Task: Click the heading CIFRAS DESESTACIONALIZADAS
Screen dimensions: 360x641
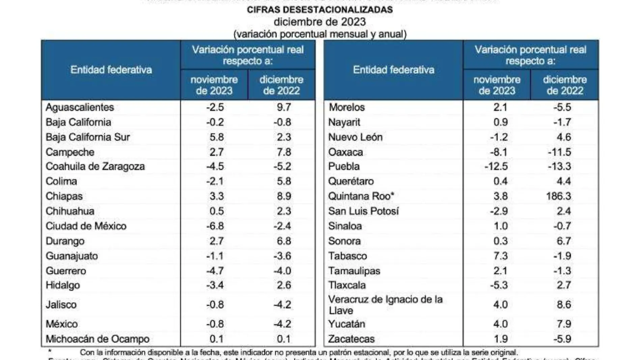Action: [x=320, y=10]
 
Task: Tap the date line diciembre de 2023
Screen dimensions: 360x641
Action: [x=320, y=22]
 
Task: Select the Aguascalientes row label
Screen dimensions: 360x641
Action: [x=80, y=107]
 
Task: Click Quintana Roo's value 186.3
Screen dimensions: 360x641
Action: [x=558, y=196]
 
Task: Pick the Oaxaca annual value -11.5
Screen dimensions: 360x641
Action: [x=559, y=152]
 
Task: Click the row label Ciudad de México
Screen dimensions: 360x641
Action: [x=86, y=226]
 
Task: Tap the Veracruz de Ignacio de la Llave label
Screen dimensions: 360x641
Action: [x=385, y=305]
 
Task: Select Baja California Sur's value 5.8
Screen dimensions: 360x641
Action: [x=216, y=137]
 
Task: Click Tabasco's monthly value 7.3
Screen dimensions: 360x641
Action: [x=500, y=256]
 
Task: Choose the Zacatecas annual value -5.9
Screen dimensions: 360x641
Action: [x=562, y=339]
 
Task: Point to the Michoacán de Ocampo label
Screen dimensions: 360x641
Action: [x=97, y=339]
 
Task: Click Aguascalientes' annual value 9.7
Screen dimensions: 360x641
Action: [x=284, y=107]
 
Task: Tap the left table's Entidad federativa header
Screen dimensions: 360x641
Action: [x=111, y=70]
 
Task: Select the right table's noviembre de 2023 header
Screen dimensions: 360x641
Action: [x=497, y=85]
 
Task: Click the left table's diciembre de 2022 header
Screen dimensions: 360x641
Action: [x=281, y=85]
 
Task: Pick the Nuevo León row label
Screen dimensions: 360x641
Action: [x=355, y=137]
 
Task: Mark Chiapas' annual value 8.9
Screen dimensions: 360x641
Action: [x=284, y=196]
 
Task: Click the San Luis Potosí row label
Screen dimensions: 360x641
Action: [x=363, y=211]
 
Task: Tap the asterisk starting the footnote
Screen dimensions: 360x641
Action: [x=50, y=352]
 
